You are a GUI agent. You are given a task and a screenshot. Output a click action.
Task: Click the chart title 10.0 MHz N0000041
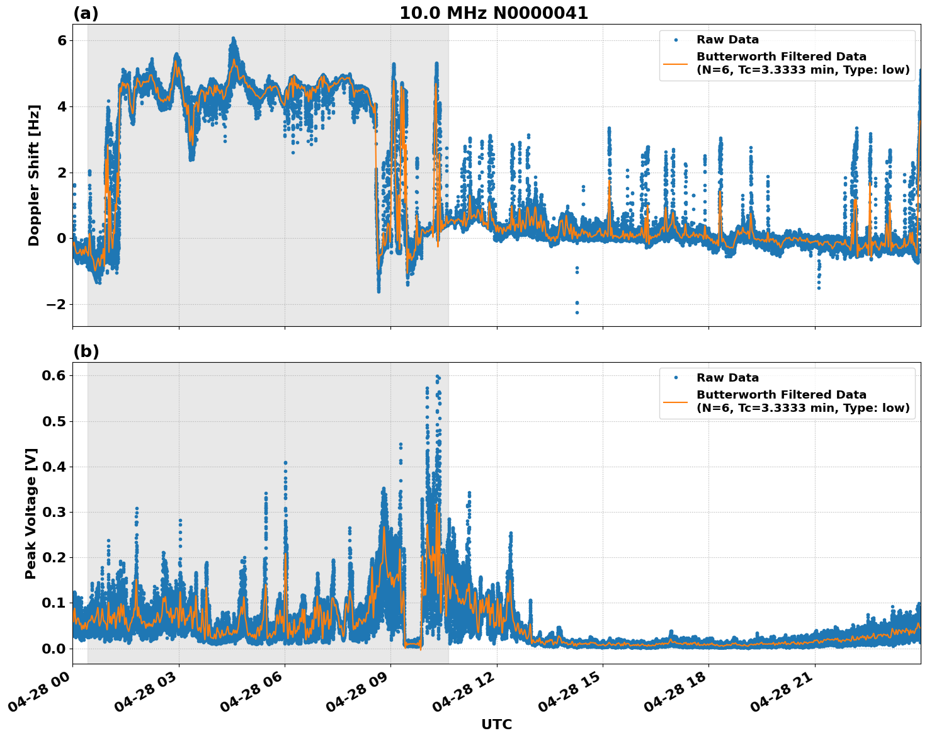(x=494, y=13)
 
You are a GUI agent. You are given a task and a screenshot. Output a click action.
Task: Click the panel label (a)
(x=86, y=13)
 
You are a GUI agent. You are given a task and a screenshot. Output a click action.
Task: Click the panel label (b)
(x=86, y=351)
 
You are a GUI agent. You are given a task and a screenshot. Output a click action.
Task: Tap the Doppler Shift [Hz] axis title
(x=34, y=175)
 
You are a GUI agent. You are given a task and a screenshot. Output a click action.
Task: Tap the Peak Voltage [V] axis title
(x=31, y=513)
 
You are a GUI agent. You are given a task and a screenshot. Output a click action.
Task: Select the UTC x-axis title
(x=496, y=724)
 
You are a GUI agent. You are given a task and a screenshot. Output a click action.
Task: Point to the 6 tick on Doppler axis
(x=62, y=40)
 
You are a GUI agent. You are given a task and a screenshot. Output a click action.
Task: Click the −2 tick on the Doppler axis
(x=56, y=304)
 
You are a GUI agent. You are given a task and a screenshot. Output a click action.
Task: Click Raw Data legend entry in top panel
(x=727, y=40)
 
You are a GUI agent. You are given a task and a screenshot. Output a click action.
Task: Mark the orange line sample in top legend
(x=675, y=63)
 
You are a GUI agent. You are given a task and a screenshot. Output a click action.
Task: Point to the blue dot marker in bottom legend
(x=675, y=378)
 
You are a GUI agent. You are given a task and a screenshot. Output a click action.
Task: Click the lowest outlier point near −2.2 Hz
(x=577, y=312)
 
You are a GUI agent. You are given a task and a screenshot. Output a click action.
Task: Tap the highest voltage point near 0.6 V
(x=437, y=377)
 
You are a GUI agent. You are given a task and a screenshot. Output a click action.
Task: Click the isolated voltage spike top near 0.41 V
(x=285, y=463)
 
